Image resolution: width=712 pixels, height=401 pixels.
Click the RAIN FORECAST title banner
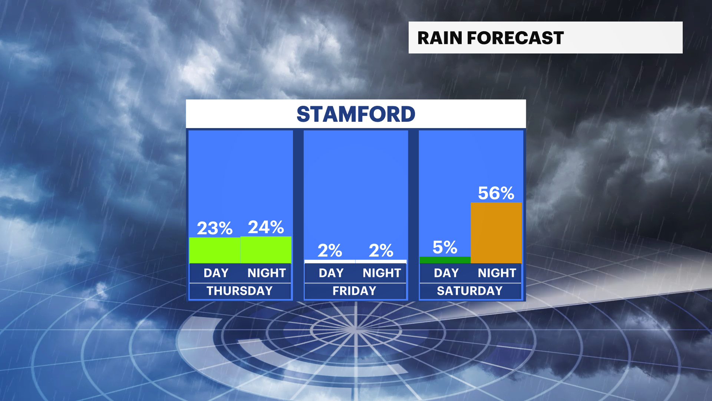click(545, 38)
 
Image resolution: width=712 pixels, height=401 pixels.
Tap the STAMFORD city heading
click(356, 114)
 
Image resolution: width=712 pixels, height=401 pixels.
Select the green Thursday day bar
click(215, 250)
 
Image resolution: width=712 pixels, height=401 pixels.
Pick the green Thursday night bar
click(266, 250)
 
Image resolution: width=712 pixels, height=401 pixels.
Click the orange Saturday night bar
click(496, 233)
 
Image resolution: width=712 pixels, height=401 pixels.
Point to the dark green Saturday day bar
click(445, 260)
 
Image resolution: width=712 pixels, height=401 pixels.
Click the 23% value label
click(215, 228)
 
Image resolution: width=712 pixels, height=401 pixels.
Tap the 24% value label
click(266, 227)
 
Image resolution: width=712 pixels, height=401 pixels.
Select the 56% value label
click(496, 193)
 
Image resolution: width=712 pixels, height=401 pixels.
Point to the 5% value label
click(445, 247)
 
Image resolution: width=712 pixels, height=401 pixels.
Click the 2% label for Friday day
click(330, 251)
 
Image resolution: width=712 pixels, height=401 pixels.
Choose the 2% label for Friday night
click(381, 251)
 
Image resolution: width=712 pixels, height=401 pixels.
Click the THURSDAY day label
click(240, 291)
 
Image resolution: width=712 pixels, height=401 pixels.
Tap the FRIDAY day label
click(355, 291)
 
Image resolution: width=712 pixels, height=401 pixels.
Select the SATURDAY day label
click(470, 291)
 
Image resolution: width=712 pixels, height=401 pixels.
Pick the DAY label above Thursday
click(216, 273)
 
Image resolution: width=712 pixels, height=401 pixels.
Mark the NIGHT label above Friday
click(382, 273)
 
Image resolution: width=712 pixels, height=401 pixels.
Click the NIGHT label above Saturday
click(497, 273)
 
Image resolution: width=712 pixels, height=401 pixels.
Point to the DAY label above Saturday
click(446, 273)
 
